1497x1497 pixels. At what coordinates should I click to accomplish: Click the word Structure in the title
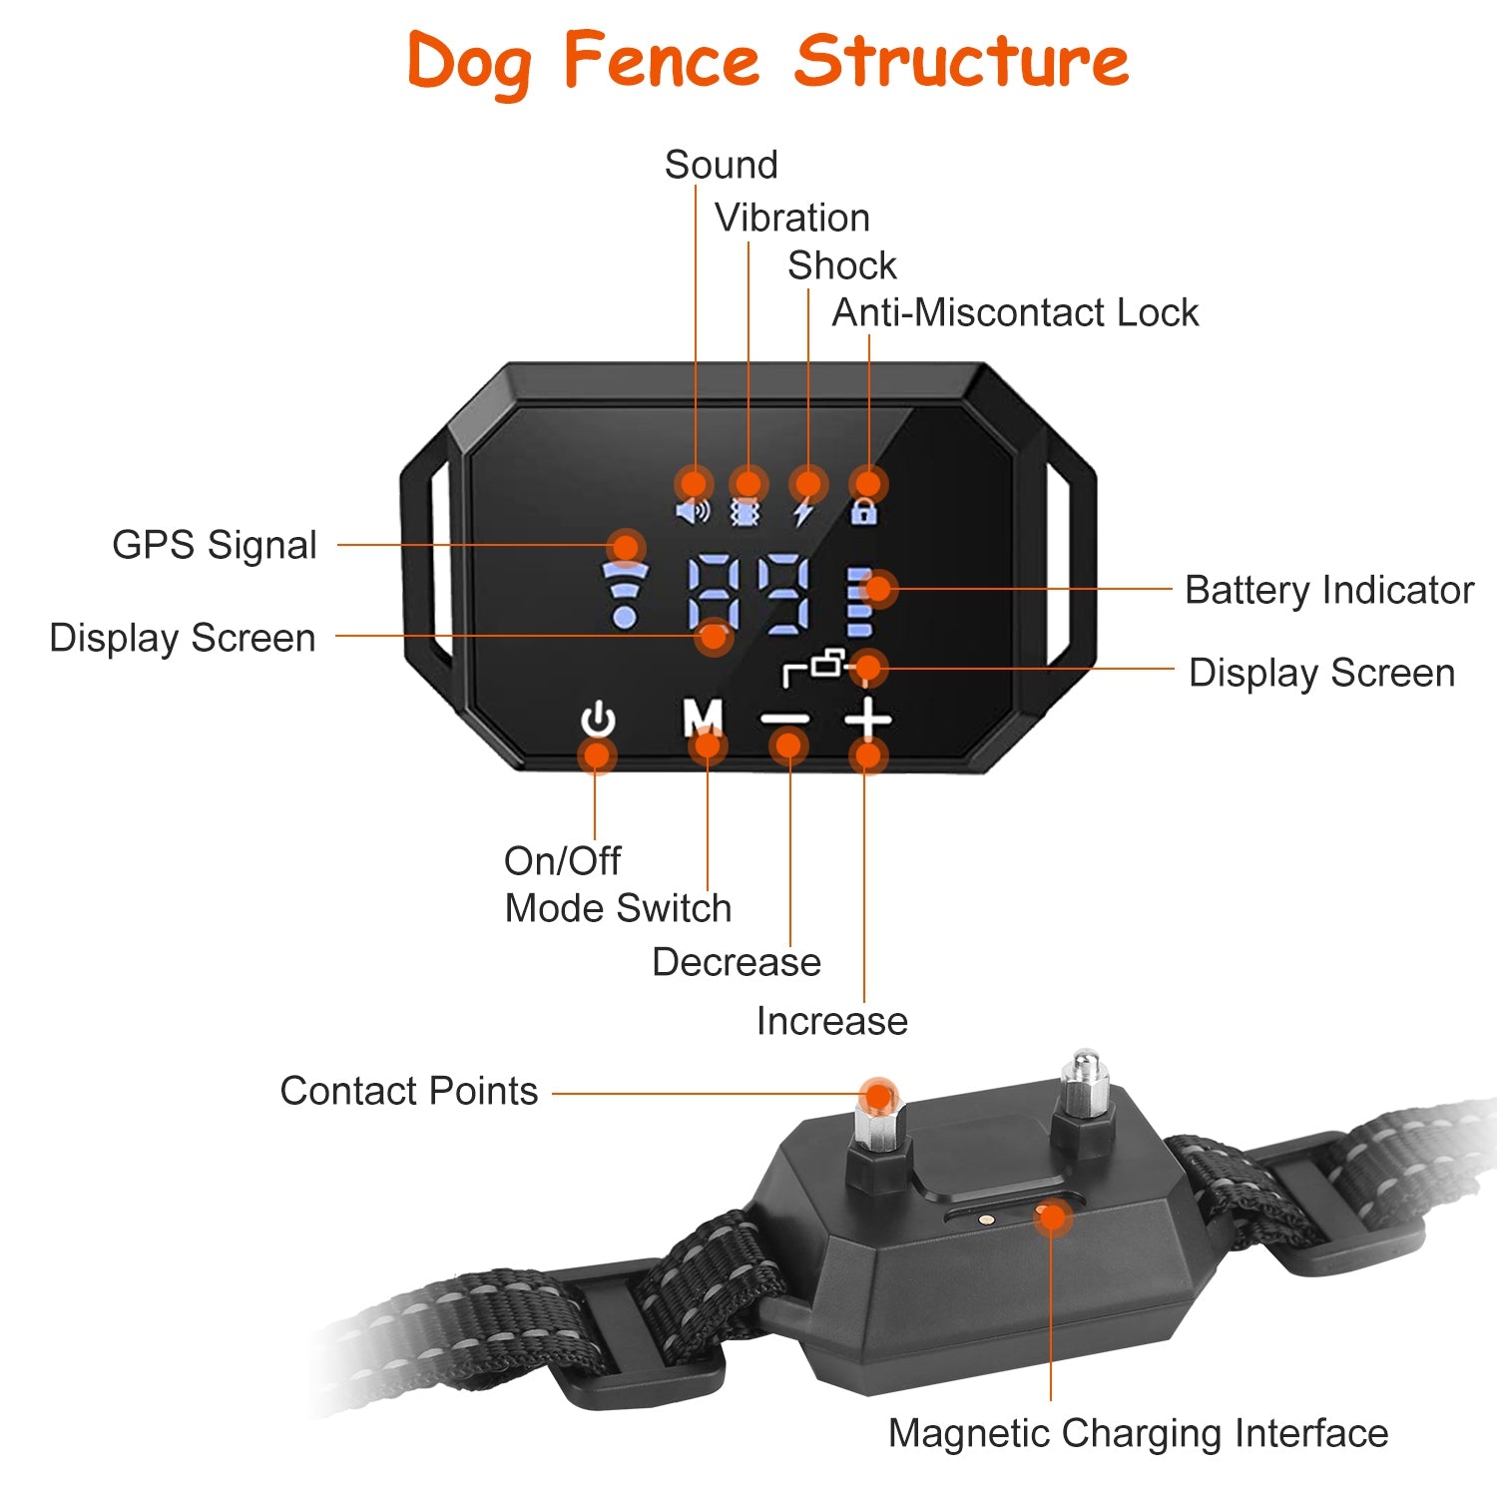961,61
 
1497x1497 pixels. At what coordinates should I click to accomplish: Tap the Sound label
721,165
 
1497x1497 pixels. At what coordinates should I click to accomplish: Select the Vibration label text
791,218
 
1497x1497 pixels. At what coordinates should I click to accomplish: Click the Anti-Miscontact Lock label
1014,312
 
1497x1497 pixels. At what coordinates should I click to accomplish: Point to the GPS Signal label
214,545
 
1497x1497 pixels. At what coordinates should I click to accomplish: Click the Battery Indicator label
1328,590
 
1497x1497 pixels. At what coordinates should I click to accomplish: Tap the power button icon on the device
598,721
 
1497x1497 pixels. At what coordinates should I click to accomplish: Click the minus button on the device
785,719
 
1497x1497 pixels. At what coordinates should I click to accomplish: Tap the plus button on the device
868,719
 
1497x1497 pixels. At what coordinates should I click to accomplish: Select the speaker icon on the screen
692,512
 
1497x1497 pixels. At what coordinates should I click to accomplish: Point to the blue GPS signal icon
626,595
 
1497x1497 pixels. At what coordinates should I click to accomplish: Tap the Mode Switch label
618,908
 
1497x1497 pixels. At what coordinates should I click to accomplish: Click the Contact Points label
408,1091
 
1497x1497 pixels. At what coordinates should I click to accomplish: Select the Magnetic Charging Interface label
1138,1433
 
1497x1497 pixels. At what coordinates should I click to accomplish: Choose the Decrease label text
736,962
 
